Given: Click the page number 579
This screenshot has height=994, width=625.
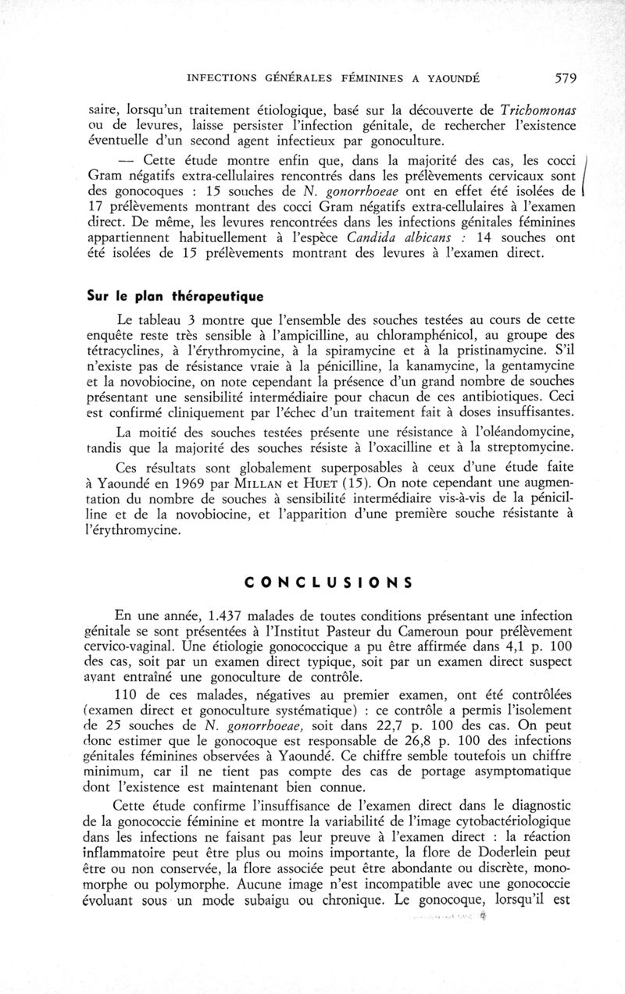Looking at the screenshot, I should (564, 77).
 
